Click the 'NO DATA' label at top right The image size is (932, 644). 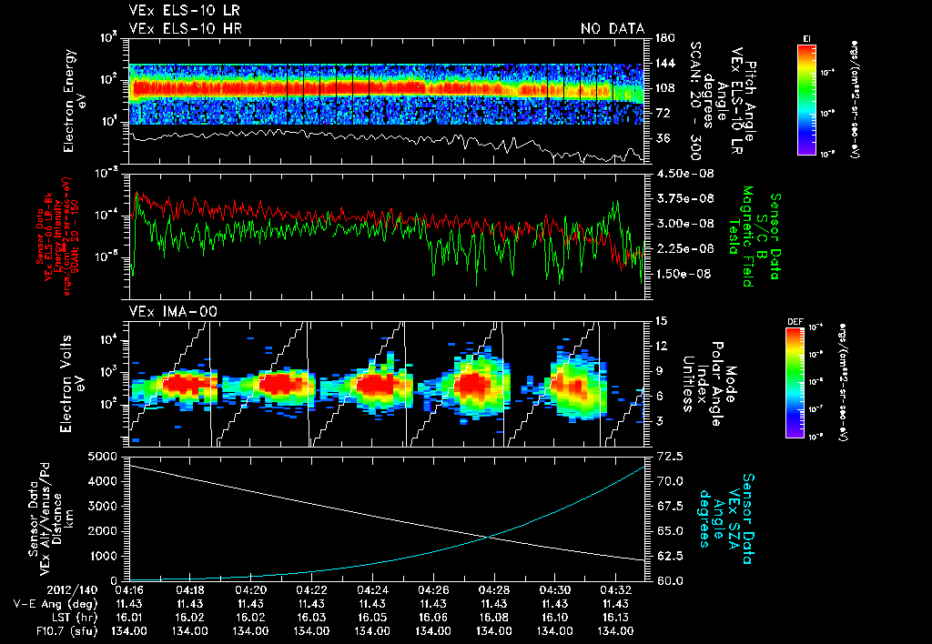point(613,28)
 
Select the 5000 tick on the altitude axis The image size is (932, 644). point(105,455)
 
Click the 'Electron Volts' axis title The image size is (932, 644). point(68,376)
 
